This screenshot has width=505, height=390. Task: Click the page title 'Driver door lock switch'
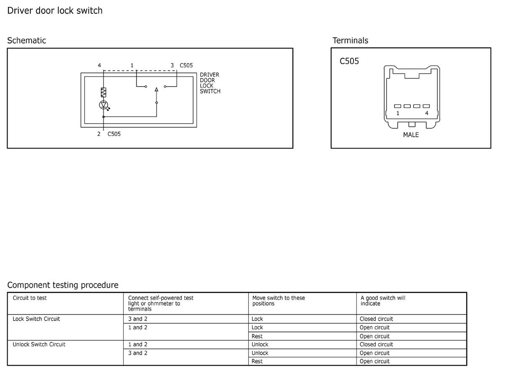pyautogui.click(x=55, y=11)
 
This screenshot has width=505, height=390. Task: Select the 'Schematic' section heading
pyautogui.click(x=27, y=40)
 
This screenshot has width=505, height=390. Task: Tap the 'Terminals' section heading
pyautogui.click(x=350, y=40)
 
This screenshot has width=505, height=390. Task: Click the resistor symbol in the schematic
pyautogui.click(x=104, y=92)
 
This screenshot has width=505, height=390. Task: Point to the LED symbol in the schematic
pyautogui.click(x=104, y=105)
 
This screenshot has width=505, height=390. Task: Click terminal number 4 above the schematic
pyautogui.click(x=99, y=66)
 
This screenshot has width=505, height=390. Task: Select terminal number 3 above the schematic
pyautogui.click(x=172, y=66)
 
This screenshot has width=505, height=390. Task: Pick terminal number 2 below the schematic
pyautogui.click(x=99, y=134)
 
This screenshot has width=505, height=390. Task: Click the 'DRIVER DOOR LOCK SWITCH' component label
pyautogui.click(x=210, y=83)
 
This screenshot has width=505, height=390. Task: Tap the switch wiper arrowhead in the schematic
pyautogui.click(x=157, y=90)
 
